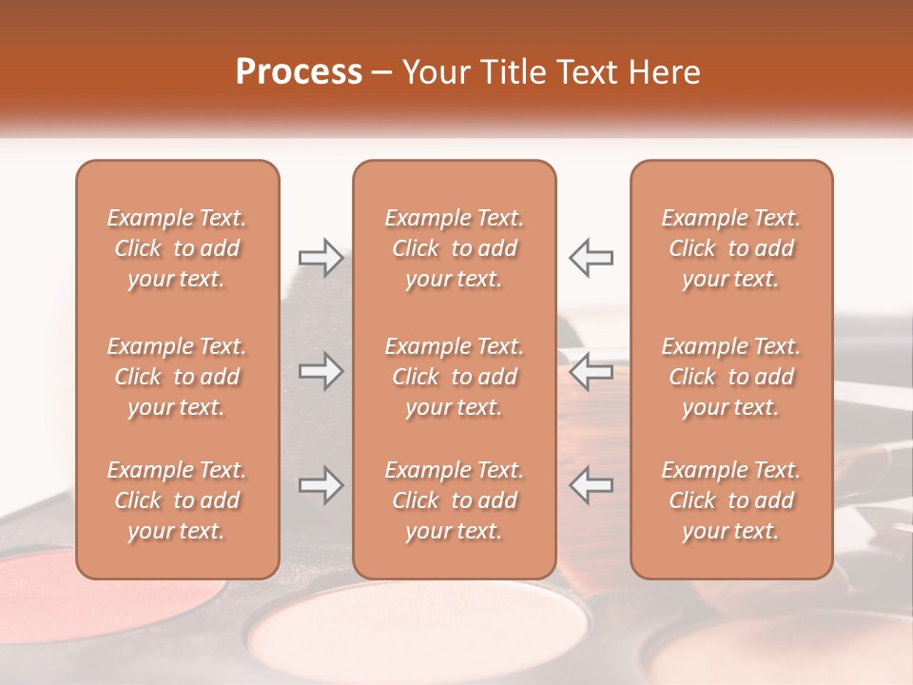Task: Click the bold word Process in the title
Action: pyautogui.click(x=299, y=72)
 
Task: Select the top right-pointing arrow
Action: pyautogui.click(x=321, y=258)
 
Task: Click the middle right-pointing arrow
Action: pyautogui.click(x=321, y=371)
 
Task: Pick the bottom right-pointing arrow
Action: pyautogui.click(x=321, y=485)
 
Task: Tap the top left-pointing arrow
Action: pyautogui.click(x=591, y=258)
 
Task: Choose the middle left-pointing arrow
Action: pyautogui.click(x=591, y=371)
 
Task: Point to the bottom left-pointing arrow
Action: pyautogui.click(x=591, y=485)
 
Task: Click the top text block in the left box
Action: pyautogui.click(x=177, y=248)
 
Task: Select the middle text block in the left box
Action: pyautogui.click(x=177, y=377)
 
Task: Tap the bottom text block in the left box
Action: pyautogui.click(x=177, y=500)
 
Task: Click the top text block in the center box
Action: pyautogui.click(x=454, y=248)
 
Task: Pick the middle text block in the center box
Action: pyautogui.click(x=454, y=377)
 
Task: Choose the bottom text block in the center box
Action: pyautogui.click(x=454, y=500)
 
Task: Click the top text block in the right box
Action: pyautogui.click(x=730, y=248)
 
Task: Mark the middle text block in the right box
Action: pyautogui.click(x=730, y=377)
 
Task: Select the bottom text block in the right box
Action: pyautogui.click(x=730, y=500)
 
